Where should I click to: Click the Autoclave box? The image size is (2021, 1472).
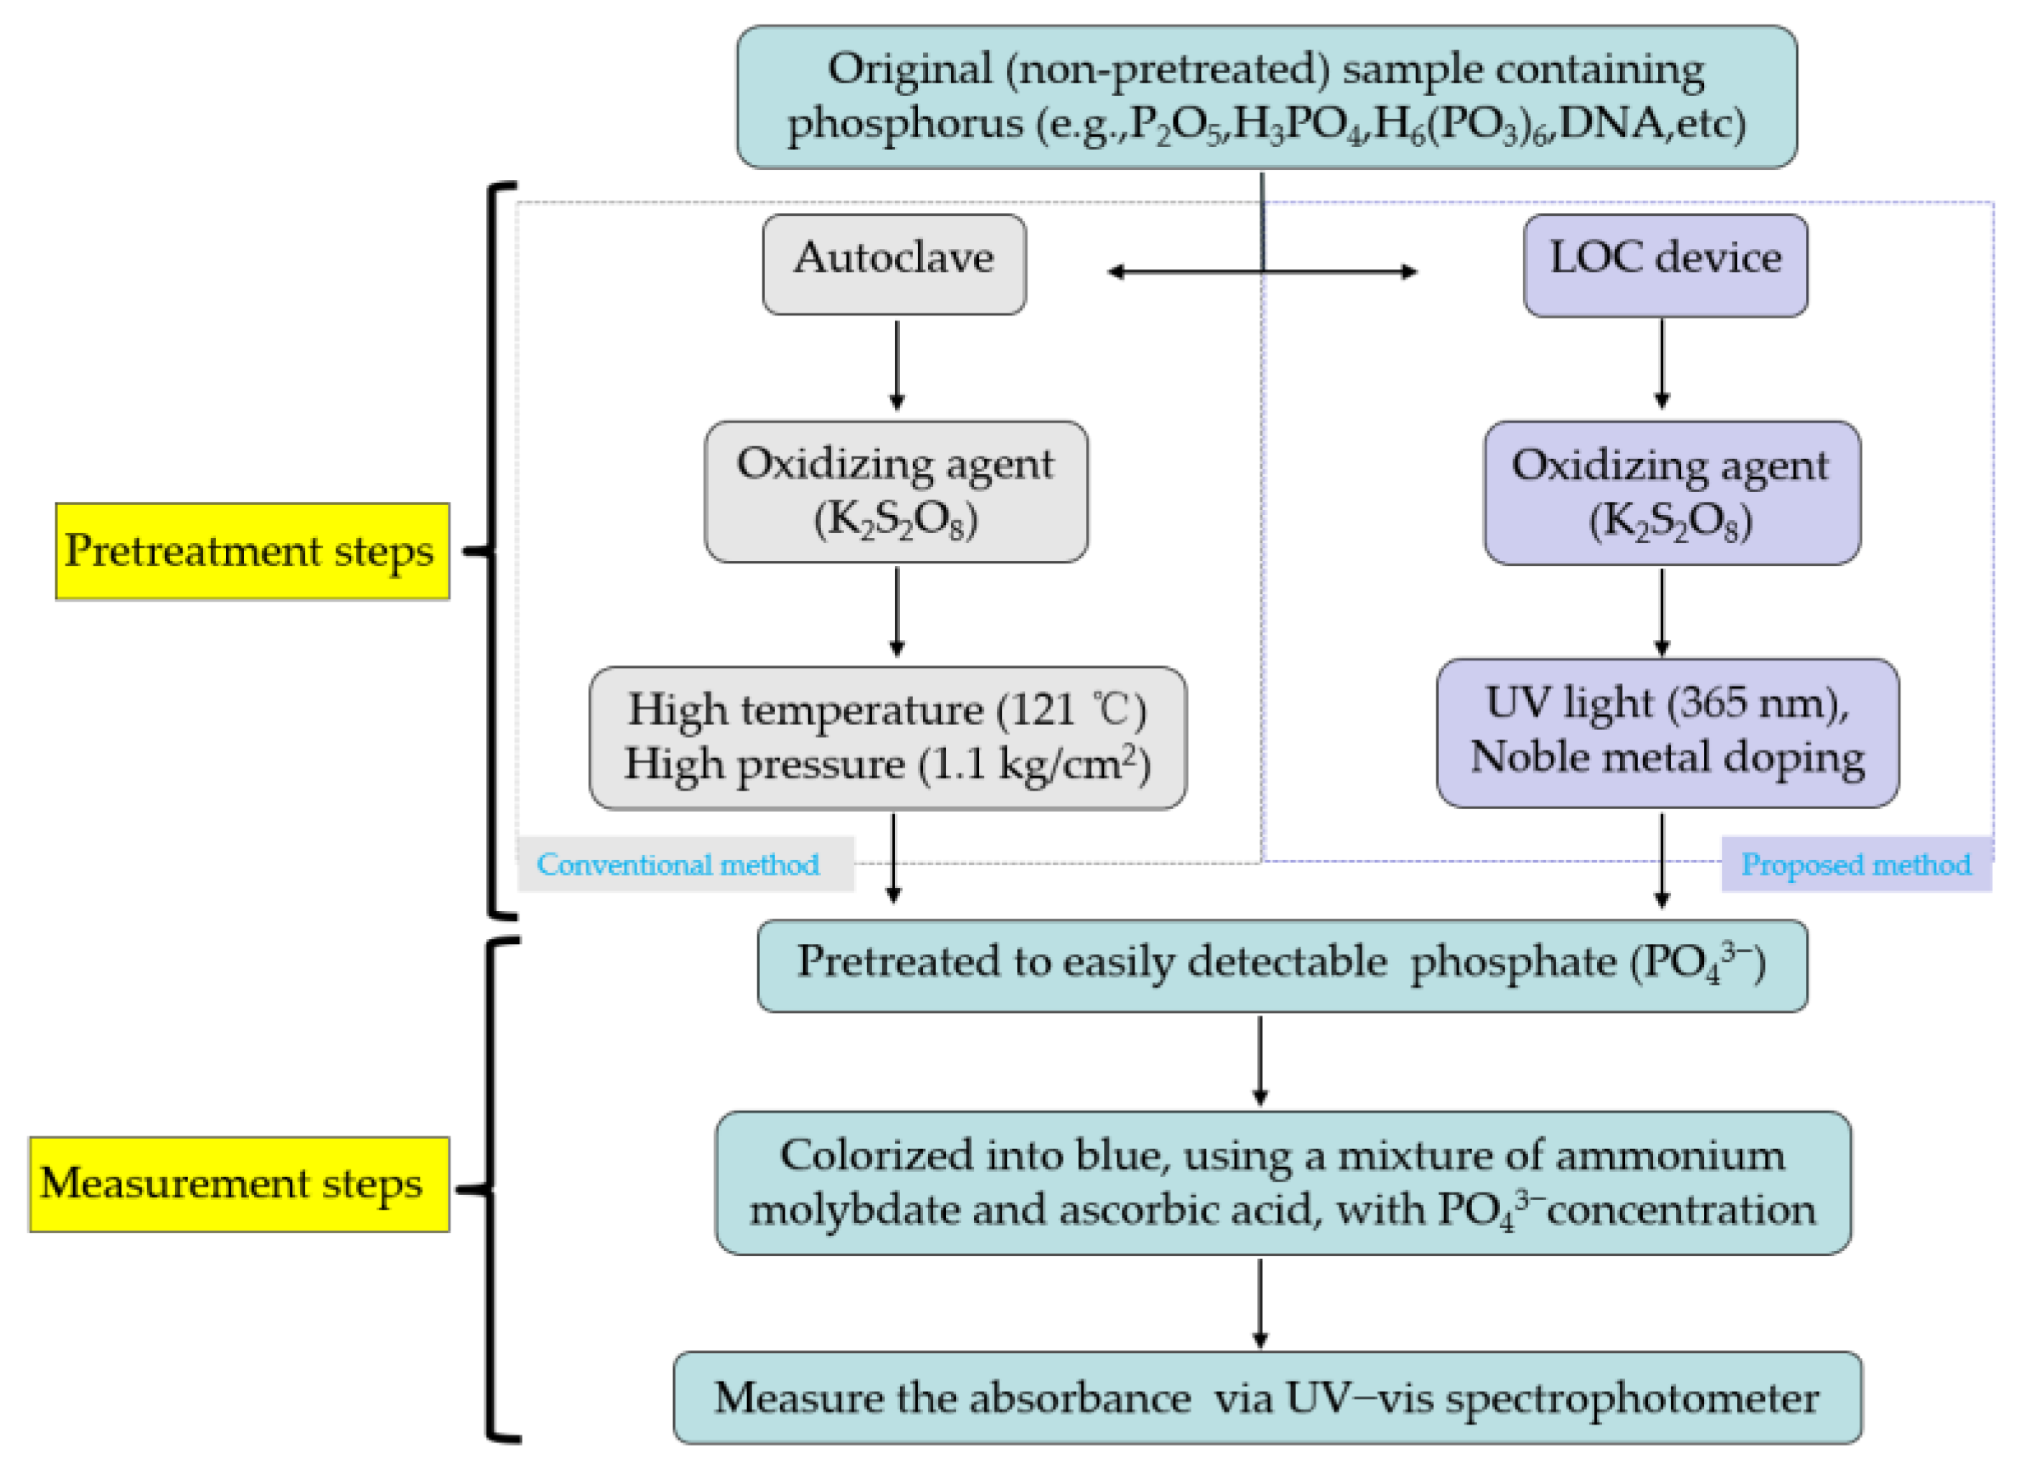click(x=894, y=263)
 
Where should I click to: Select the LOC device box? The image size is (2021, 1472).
click(x=1665, y=264)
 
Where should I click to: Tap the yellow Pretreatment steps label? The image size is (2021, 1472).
click(x=252, y=551)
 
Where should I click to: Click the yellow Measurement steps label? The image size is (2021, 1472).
click(x=239, y=1184)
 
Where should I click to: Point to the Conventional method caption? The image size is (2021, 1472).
click(x=679, y=864)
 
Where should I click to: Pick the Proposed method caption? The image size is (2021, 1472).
click(x=1855, y=864)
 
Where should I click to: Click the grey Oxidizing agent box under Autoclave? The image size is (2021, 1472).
click(x=896, y=492)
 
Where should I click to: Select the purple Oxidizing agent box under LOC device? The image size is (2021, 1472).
click(x=1671, y=493)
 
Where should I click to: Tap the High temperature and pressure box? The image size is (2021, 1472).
click(x=887, y=738)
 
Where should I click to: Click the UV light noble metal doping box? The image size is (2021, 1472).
click(x=1667, y=733)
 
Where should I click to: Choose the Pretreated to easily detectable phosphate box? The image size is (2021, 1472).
click(x=1282, y=965)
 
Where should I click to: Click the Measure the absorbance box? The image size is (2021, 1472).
click(x=1266, y=1397)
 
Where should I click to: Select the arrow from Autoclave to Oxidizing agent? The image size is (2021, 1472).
click(x=897, y=365)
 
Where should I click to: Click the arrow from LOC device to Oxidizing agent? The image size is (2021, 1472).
click(x=1661, y=364)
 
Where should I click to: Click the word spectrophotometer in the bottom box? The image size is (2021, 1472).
click(x=1631, y=1397)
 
